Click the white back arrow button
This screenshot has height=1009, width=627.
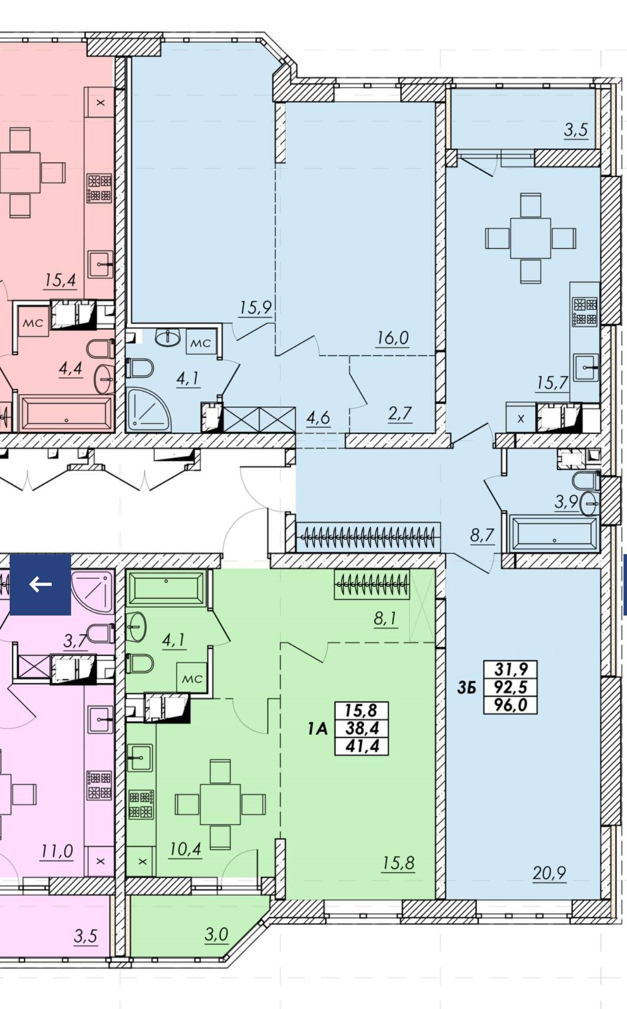pos(40,584)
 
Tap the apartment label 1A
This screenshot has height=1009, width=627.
pos(317,729)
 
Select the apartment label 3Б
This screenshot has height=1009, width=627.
pos(466,687)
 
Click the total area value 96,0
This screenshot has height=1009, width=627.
pos(511,704)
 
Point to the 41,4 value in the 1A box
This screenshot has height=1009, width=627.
pos(362,746)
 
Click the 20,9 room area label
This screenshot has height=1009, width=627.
pos(549,873)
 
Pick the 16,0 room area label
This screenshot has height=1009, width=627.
pos(393,338)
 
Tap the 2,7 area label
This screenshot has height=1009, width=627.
pos(400,414)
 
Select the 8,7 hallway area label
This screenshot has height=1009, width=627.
pos(482,535)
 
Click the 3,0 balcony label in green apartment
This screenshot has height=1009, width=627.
pos(216,934)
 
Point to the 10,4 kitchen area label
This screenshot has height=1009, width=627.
pos(185,849)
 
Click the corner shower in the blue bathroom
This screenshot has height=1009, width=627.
pos(148,409)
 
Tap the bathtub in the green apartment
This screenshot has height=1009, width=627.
pos(166,588)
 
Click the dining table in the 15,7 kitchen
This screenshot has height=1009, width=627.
pos(531,238)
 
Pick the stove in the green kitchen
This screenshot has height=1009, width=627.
pos(142,804)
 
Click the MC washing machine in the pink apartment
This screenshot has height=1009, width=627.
pos(33,322)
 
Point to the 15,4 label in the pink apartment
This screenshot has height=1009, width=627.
pos(60,280)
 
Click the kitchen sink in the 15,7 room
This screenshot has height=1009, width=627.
pos(586,368)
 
